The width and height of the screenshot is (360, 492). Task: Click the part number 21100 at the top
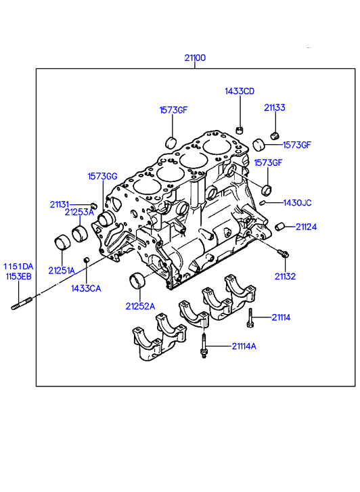pos(195,58)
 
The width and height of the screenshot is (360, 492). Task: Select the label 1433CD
pos(240,91)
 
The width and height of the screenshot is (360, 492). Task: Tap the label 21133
pos(275,108)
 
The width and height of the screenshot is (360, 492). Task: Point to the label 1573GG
pos(102,177)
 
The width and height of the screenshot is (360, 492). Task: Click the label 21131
pos(60,204)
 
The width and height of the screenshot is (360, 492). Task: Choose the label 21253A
pos(79,212)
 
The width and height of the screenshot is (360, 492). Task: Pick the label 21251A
pos(62,271)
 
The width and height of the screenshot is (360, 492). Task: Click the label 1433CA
pos(86,288)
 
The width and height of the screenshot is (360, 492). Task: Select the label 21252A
pos(140,307)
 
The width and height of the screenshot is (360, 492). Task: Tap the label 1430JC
pos(297,203)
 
